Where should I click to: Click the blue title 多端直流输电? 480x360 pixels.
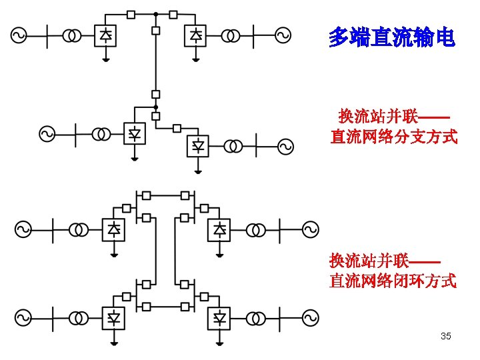pyautogui.click(x=391, y=38)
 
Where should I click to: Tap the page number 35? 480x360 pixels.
pyautogui.click(x=446, y=336)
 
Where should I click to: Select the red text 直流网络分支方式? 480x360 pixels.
pyautogui.click(x=394, y=138)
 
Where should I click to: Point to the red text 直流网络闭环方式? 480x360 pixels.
pyautogui.click(x=393, y=281)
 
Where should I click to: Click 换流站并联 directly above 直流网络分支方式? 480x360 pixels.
pyautogui.click(x=378, y=117)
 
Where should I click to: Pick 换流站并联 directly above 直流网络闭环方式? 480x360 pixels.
pyautogui.click(x=369, y=260)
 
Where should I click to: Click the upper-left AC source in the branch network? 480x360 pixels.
pyautogui.click(x=18, y=35)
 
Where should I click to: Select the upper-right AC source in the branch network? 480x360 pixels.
pyautogui.click(x=283, y=35)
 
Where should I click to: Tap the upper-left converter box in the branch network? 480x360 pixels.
pyautogui.click(x=105, y=35)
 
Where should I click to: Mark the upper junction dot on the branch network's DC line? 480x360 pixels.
pyautogui.click(x=155, y=13)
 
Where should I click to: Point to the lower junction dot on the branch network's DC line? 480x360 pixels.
pyautogui.click(x=155, y=106)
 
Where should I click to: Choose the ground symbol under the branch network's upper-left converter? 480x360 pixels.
pyautogui.click(x=105, y=58)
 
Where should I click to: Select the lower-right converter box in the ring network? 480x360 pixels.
pyautogui.click(x=219, y=317)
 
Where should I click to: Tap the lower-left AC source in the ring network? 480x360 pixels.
pyautogui.click(x=23, y=317)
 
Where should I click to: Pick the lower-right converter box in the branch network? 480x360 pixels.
pyautogui.click(x=197, y=146)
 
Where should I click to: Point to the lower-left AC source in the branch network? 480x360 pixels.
pyautogui.click(x=47, y=134)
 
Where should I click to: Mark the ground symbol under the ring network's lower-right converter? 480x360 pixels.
pyautogui.click(x=219, y=341)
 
